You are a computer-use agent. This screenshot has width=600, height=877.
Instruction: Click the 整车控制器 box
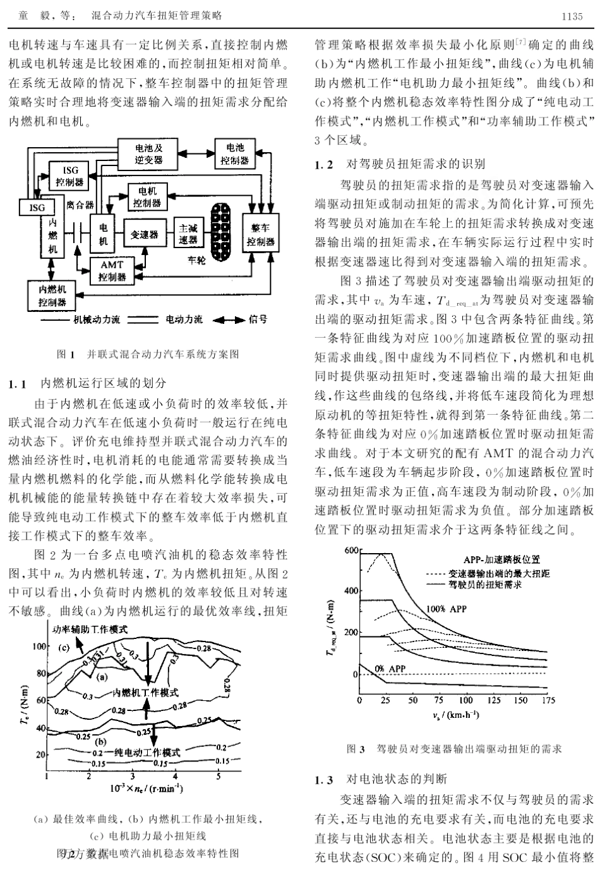[x=261, y=234]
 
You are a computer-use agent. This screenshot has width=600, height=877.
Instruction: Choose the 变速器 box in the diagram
[x=144, y=235]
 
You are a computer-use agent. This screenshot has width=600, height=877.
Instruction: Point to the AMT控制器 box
[x=112, y=271]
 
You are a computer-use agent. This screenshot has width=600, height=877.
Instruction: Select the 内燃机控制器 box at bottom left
[x=55, y=295]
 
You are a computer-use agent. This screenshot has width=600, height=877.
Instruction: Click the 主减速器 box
[x=188, y=234]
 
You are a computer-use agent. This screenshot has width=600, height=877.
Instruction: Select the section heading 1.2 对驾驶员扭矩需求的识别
[x=400, y=165]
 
